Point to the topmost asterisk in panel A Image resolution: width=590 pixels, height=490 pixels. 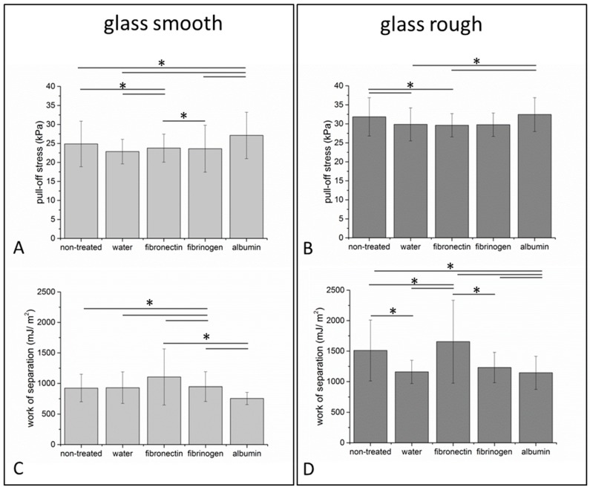tap(162, 64)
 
